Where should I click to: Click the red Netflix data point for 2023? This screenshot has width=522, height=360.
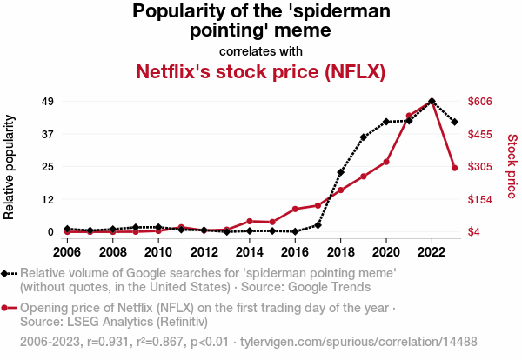pyautogui.click(x=455, y=168)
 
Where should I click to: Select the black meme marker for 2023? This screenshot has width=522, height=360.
pyautogui.click(x=455, y=122)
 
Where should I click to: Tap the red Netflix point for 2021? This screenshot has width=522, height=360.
pyautogui.click(x=409, y=116)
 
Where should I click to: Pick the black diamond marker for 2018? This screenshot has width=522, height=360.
pyautogui.click(x=340, y=172)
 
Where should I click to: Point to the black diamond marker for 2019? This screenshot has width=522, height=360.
pyautogui.click(x=364, y=137)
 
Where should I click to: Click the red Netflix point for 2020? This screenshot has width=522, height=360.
pyautogui.click(x=386, y=162)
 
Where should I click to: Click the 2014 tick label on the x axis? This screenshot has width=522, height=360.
pyautogui.click(x=249, y=252)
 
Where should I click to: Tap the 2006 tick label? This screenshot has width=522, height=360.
pyautogui.click(x=66, y=252)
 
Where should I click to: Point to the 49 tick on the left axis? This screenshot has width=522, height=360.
pyautogui.click(x=49, y=102)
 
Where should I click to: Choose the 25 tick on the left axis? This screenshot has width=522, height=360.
pyautogui.click(x=49, y=167)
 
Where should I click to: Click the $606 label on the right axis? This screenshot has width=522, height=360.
pyautogui.click(x=480, y=102)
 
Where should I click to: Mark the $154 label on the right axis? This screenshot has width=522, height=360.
pyautogui.click(x=480, y=199)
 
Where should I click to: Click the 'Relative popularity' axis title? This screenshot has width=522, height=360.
pyautogui.click(x=11, y=166)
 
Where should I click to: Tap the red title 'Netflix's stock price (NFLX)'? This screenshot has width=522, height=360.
pyautogui.click(x=261, y=70)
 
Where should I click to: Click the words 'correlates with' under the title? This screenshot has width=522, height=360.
pyautogui.click(x=261, y=50)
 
